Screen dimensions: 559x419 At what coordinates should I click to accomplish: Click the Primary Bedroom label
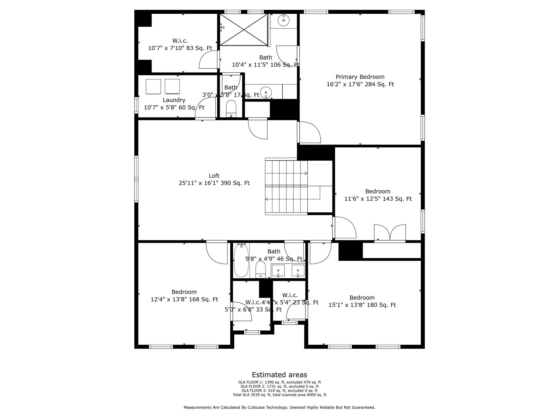click(360, 77)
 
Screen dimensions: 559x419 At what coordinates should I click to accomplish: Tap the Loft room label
click(214, 176)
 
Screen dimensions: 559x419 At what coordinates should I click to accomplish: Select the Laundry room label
click(174, 100)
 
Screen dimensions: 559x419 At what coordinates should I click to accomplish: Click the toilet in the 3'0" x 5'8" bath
click(231, 108)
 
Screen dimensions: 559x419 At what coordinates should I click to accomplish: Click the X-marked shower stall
click(244, 30)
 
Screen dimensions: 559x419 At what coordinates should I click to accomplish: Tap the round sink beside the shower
click(284, 20)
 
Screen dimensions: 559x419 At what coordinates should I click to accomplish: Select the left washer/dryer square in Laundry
click(153, 86)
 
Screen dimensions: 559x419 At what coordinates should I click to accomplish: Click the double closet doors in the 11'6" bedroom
click(390, 233)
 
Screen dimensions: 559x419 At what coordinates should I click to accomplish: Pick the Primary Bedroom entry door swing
click(310, 132)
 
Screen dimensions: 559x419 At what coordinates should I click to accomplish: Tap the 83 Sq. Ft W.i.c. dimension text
click(180, 48)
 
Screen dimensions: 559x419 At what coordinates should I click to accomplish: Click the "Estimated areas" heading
click(279, 375)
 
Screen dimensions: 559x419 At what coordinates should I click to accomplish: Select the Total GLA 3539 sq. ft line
click(279, 395)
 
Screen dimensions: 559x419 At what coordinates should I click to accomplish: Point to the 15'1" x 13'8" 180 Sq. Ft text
click(362, 305)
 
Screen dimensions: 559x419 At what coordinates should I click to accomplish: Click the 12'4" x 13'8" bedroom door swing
click(216, 253)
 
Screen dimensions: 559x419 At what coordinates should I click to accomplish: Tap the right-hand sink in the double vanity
click(298, 270)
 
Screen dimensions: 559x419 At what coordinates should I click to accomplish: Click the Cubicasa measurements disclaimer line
click(279, 407)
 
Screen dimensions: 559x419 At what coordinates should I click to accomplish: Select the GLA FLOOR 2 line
click(279, 386)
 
